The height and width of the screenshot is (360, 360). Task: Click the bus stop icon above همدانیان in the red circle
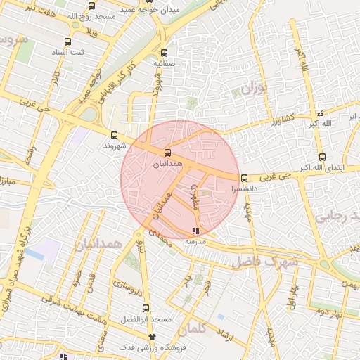click(x=167, y=153)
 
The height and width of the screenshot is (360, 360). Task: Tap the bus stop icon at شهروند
click(x=114, y=135)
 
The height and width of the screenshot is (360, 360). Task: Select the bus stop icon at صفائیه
click(x=164, y=53)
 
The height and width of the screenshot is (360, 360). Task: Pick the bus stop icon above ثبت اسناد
click(x=67, y=42)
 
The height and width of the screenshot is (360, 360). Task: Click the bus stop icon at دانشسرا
click(x=244, y=178)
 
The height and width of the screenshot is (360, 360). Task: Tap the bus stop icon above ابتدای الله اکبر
click(x=322, y=157)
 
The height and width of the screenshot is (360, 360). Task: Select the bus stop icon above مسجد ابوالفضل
click(x=146, y=307)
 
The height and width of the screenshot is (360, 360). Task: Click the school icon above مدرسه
click(x=195, y=230)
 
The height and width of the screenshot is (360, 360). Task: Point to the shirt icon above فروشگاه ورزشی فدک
click(x=152, y=337)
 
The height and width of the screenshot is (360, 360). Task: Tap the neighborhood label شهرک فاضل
click(x=265, y=261)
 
